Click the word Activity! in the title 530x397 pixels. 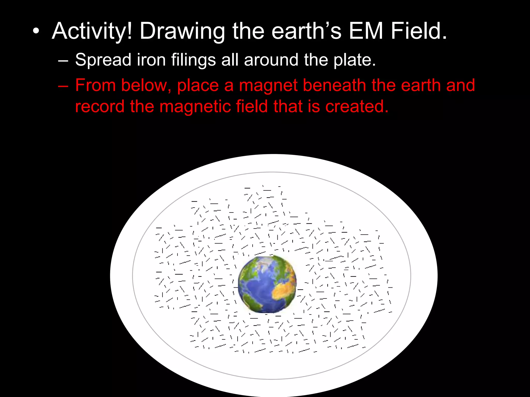pyautogui.click(x=92, y=32)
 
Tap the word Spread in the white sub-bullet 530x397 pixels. pyautogui.click(x=103, y=60)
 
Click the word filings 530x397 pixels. pyautogui.click(x=193, y=60)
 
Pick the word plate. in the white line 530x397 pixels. pyautogui.click(x=354, y=60)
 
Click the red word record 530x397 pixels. pyautogui.click(x=100, y=106)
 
